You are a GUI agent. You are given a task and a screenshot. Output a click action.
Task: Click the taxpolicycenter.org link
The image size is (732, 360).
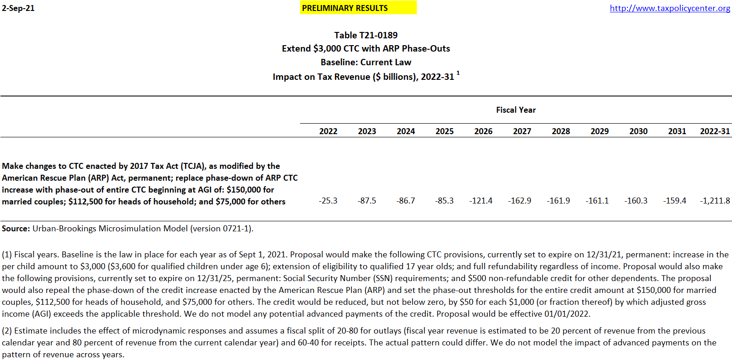670,8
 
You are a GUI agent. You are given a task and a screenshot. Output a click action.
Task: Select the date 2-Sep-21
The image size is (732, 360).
18,8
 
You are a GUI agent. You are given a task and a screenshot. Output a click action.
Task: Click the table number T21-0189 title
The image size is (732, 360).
366,35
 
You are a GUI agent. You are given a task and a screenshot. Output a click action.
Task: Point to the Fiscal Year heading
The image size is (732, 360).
516,110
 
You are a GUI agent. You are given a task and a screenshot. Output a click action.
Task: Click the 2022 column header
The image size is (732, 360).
328,131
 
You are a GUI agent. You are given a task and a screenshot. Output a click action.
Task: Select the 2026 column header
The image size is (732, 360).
483,131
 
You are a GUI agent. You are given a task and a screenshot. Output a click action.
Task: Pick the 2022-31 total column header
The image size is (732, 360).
715,131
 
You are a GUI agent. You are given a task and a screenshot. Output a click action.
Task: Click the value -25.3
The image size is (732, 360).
328,201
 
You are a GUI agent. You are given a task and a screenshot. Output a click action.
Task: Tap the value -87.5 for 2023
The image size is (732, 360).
367,201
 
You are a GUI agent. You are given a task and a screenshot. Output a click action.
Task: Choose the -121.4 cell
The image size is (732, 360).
481,201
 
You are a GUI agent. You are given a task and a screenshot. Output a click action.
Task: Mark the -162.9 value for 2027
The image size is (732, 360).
519,201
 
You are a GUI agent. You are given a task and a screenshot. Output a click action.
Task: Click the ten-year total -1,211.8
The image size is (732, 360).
715,201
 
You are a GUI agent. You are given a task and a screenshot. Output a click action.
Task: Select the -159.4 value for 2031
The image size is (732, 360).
675,201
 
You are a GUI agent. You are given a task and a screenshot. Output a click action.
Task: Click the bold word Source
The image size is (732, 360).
16,229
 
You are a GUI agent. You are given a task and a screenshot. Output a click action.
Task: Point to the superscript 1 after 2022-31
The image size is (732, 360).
458,73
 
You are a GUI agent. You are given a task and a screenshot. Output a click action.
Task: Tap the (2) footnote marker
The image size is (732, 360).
7,331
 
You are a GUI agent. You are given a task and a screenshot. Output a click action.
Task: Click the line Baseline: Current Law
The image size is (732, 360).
366,63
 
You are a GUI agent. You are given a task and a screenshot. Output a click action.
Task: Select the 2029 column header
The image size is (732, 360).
599,131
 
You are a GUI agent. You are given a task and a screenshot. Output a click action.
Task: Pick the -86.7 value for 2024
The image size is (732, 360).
405,201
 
